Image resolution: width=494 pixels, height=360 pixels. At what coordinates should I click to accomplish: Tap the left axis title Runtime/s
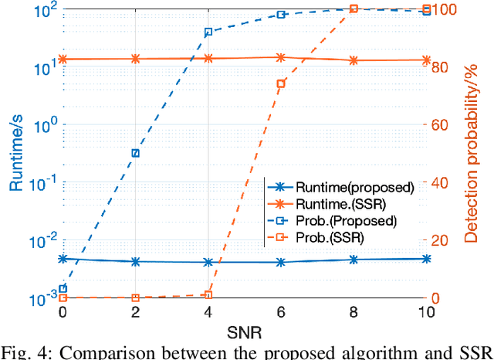(x=16, y=153)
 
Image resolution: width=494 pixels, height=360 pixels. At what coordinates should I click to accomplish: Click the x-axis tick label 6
(x=281, y=313)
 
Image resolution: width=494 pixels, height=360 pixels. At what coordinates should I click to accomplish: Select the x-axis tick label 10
(x=426, y=313)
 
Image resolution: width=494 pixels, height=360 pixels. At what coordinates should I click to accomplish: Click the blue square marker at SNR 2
(x=136, y=153)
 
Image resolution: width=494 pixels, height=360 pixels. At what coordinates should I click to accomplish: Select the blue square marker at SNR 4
(x=208, y=32)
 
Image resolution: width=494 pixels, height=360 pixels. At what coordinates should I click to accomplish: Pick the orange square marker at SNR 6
(x=281, y=83)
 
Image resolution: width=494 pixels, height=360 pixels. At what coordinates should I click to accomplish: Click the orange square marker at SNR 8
(x=354, y=8)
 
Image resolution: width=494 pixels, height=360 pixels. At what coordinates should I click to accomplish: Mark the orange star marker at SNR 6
(x=281, y=57)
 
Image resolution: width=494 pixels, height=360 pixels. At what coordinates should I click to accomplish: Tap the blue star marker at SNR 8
(x=354, y=260)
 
